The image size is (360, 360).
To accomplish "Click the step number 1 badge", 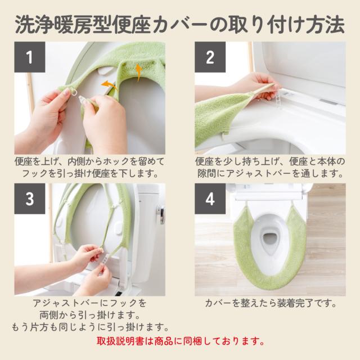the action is coord(30,57).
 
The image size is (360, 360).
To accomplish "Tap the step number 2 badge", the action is coord(210,57).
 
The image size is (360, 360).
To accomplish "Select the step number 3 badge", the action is coord(30,199).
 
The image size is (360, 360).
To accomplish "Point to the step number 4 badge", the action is coord(210,199).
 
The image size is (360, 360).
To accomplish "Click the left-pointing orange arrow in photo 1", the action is coord(109,85).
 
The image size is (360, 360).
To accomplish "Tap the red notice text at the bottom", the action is coord(181,341).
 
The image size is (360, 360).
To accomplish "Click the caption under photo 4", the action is coord(271,303).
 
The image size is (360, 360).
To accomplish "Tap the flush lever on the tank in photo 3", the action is coord(161,214).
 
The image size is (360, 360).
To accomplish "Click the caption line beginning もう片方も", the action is coord(91,327).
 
